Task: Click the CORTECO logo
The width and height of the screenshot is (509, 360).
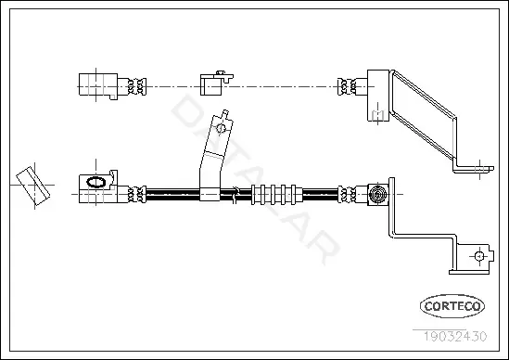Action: pyautogui.click(x=452, y=306)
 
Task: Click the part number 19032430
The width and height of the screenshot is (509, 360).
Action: pyautogui.click(x=455, y=336)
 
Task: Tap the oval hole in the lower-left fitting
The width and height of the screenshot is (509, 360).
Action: pyautogui.click(x=95, y=182)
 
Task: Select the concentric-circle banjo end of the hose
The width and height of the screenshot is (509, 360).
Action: pyautogui.click(x=377, y=195)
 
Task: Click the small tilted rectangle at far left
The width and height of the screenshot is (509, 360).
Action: pyautogui.click(x=33, y=186)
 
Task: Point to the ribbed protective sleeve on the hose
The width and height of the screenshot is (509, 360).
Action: pyautogui.click(x=277, y=195)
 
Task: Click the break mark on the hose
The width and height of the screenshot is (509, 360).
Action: pyautogui.click(x=235, y=195)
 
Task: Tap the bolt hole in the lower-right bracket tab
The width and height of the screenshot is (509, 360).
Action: pyautogui.click(x=479, y=256)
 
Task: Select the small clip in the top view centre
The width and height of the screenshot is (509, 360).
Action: pyautogui.click(x=216, y=84)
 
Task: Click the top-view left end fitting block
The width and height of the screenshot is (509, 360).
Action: pyautogui.click(x=98, y=85)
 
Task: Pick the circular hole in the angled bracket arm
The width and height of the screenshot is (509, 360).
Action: pyautogui.click(x=221, y=128)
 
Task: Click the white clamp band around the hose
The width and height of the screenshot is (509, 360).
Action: pyautogui.click(x=210, y=194)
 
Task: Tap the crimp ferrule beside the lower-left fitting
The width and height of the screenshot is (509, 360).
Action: pyautogui.click(x=136, y=194)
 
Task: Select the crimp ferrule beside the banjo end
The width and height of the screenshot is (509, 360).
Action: pyautogui.click(x=347, y=194)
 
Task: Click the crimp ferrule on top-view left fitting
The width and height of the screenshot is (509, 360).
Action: pyautogui.click(x=136, y=86)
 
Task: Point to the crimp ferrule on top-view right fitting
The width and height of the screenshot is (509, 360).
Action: pyautogui.click(x=347, y=86)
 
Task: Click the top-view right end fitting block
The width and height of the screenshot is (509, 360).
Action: pyautogui.click(x=378, y=96)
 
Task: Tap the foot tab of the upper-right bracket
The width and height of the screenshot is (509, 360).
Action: pyautogui.click(x=474, y=169)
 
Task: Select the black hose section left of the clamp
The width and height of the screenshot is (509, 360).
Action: pyautogui.click(x=172, y=194)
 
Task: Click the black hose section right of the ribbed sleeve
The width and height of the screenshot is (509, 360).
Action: pyautogui.click(x=320, y=194)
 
